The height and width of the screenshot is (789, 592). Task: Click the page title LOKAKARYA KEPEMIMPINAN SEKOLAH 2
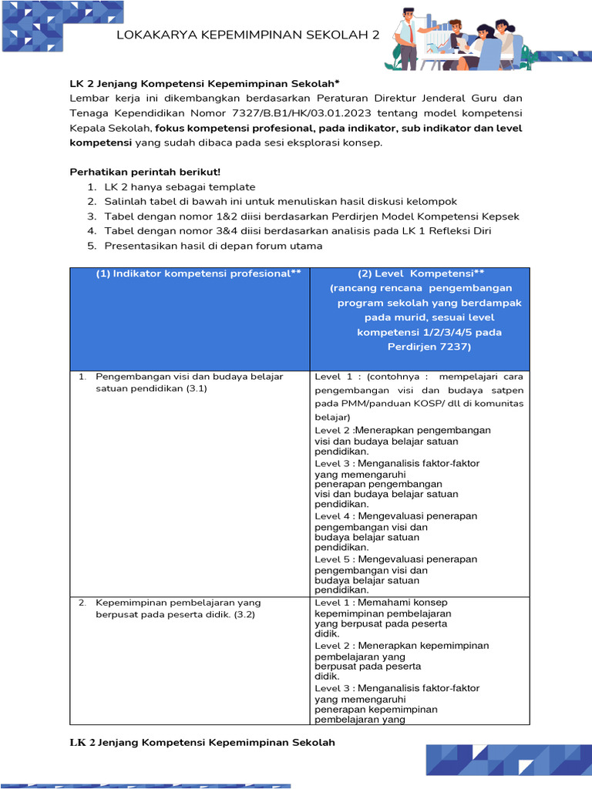pyautogui.click(x=247, y=35)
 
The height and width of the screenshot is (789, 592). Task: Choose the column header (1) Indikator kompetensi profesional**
pyautogui.click(x=198, y=274)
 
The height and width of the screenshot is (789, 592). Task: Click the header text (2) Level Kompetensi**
pyautogui.click(x=420, y=274)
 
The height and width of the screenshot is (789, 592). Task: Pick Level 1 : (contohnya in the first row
pyautogui.click(x=367, y=377)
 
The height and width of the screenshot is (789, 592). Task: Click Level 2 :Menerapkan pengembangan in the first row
pyautogui.click(x=402, y=430)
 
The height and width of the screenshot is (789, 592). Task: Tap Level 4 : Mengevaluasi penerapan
pyautogui.click(x=395, y=516)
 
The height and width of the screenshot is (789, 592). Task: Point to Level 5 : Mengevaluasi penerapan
pyautogui.click(x=395, y=559)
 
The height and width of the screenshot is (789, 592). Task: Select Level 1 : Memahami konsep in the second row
pyautogui.click(x=381, y=603)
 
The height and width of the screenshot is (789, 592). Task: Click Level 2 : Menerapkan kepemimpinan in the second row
pyautogui.click(x=402, y=646)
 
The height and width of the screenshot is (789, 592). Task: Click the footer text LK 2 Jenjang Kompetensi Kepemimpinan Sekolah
pyautogui.click(x=203, y=743)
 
